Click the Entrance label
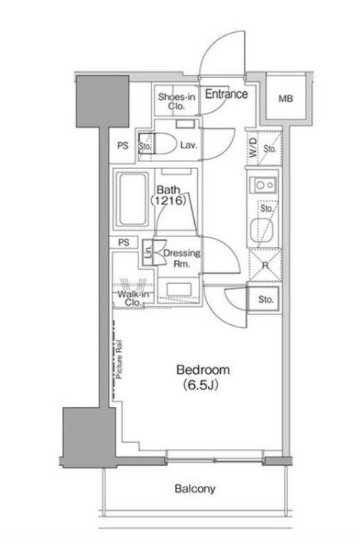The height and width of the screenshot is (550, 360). pyautogui.click(x=226, y=94)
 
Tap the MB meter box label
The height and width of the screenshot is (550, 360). pyautogui.click(x=285, y=99)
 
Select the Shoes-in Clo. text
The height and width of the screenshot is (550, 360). pyautogui.click(x=177, y=101)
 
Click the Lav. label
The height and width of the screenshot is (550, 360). pyautogui.click(x=189, y=145)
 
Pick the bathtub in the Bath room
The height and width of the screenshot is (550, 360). pyautogui.click(x=133, y=200)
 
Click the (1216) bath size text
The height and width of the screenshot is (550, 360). pyautogui.click(x=167, y=200)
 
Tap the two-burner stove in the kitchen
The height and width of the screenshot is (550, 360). pyautogui.click(x=263, y=185)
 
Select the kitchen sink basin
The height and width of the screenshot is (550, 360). pyautogui.click(x=261, y=230)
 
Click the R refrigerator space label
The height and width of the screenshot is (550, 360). pyautogui.click(x=265, y=265)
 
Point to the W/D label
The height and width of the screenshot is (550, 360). pyautogui.click(x=253, y=147)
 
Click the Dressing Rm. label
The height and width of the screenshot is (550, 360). pyautogui.click(x=182, y=258)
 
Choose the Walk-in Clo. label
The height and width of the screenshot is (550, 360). pyautogui.click(x=134, y=298)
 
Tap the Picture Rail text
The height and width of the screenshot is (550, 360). pyautogui.click(x=119, y=359)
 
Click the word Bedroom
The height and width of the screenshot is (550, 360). pyautogui.click(x=203, y=369)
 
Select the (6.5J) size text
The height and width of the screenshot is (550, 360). pyautogui.click(x=200, y=385)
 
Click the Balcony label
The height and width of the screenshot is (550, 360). pyautogui.click(x=195, y=489)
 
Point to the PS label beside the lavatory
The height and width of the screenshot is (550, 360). pyautogui.click(x=123, y=145)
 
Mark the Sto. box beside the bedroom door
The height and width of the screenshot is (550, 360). pyautogui.click(x=265, y=299)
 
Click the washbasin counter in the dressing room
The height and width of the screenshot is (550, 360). pyautogui.click(x=179, y=289)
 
